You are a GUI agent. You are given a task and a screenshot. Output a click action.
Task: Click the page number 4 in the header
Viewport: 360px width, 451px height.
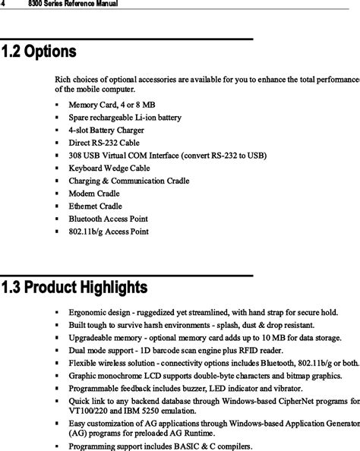[x=3, y=5]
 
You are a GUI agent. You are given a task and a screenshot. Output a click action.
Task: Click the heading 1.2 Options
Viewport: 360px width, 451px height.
[x=39, y=53]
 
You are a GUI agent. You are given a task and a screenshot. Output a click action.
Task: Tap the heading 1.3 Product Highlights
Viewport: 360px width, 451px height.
[x=74, y=288]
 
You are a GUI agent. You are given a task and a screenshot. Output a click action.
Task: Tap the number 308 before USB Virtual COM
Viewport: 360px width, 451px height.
[x=75, y=156]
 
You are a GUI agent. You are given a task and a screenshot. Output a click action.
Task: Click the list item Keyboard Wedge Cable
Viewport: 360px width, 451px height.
[x=109, y=168]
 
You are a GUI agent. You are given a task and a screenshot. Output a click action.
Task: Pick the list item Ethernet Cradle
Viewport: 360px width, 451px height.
[x=95, y=206]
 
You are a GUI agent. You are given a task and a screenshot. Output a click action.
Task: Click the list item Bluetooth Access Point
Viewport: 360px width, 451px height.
[x=108, y=219]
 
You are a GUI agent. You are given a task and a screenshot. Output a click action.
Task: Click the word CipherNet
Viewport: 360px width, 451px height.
[x=288, y=400]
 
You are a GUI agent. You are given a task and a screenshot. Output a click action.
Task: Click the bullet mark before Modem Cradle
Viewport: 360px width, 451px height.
[x=58, y=194]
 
